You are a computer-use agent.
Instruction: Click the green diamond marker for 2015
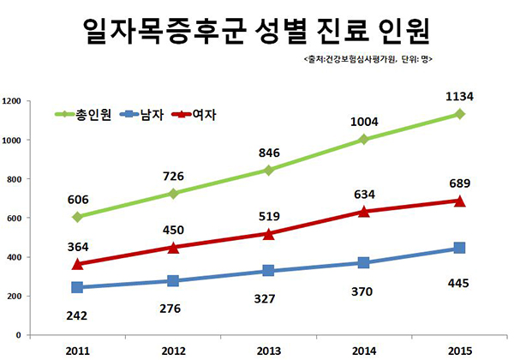460,114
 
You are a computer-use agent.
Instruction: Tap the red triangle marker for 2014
364,211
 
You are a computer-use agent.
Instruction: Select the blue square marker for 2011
77,288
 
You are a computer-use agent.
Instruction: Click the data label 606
77,196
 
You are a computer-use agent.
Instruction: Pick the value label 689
460,182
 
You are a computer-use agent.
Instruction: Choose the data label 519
269,214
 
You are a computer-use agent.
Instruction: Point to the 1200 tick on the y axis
13,101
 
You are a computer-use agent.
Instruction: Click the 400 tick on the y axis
15,257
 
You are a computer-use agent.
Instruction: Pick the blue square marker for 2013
269,271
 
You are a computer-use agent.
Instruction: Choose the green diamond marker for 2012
173,194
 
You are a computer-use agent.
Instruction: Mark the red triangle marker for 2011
77,264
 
